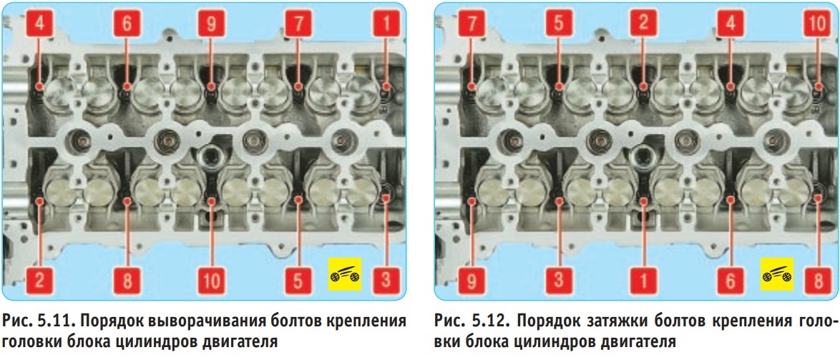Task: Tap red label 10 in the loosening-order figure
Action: [x=212, y=280]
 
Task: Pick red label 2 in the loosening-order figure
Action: [x=40, y=280]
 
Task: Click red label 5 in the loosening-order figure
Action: [x=298, y=280]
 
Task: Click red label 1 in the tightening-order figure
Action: [x=644, y=280]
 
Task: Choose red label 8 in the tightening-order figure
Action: [x=818, y=280]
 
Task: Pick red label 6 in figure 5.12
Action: [x=731, y=280]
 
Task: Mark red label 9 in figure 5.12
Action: [x=472, y=280]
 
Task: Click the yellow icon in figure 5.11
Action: [x=346, y=274]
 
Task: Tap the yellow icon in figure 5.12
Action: [x=777, y=274]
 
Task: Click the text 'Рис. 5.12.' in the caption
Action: [x=469, y=322]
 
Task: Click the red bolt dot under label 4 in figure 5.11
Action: [x=39, y=87]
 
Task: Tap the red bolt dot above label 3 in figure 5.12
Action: [x=558, y=200]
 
